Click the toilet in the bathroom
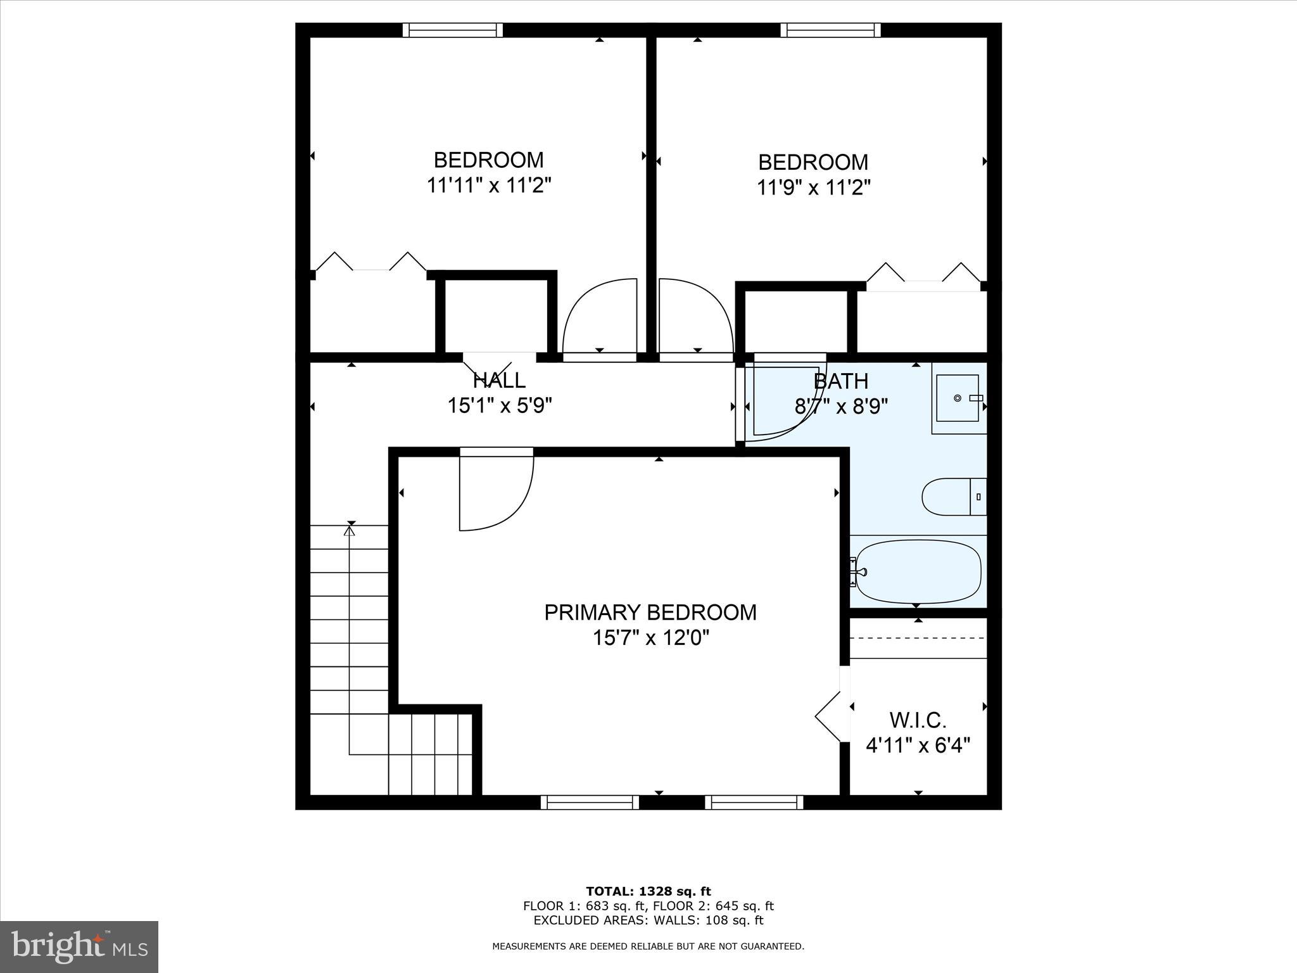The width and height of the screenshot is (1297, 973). pos(954,497)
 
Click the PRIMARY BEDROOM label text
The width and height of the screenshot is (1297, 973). pos(650,612)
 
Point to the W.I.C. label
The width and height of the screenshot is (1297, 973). pos(918,720)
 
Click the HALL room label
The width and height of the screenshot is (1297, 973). pos(499,380)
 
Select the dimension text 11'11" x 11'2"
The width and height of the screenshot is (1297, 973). pos(488,186)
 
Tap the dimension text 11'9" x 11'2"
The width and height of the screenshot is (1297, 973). pos(814,188)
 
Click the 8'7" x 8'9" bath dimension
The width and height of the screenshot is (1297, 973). pos(842,406)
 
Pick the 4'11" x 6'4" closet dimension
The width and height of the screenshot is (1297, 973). pos(918,746)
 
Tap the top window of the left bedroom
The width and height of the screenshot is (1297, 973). pos(453,30)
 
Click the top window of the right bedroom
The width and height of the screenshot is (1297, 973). pos(830,30)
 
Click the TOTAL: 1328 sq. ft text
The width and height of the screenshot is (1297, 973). pos(648,892)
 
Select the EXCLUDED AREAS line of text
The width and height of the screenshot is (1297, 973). pos(648,920)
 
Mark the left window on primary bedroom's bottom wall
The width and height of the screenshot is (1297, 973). pos(590,803)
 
